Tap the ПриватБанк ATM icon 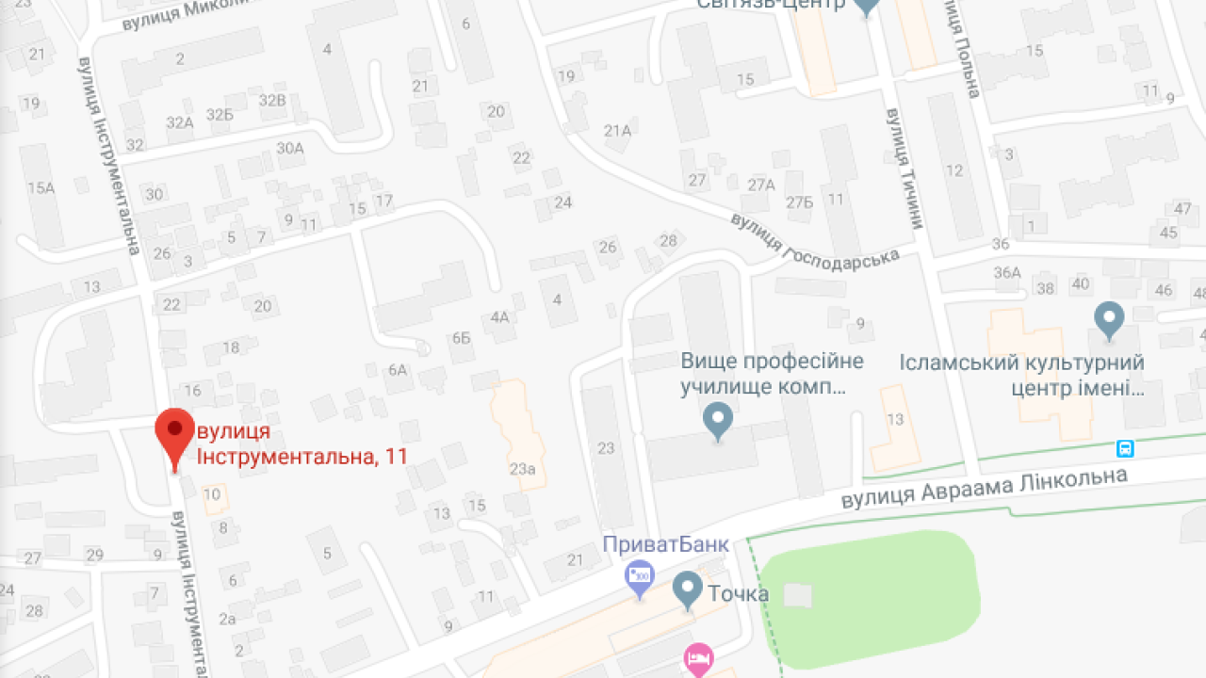click(640, 576)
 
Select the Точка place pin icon click(688, 590)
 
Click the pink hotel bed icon click(697, 657)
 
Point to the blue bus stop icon click(1125, 448)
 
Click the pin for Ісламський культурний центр click(1109, 320)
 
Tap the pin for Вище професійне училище click(719, 421)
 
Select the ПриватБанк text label click(666, 544)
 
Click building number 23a click(523, 468)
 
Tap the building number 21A click(617, 131)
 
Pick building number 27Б click(800, 202)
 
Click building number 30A click(290, 147)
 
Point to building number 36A click(1007, 272)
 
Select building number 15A click(41, 187)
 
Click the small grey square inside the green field click(798, 595)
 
